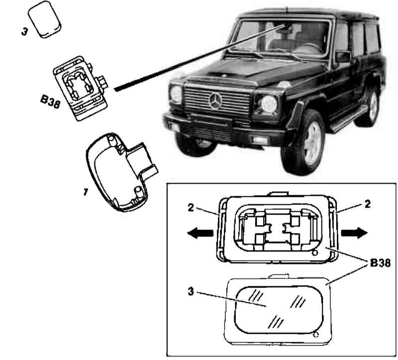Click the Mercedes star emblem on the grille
click(x=215, y=101)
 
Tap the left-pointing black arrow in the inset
click(x=200, y=233)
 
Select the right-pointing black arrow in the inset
click(x=354, y=233)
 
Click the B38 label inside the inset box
click(x=380, y=263)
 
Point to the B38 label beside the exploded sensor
click(x=50, y=101)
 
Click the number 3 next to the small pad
click(x=24, y=32)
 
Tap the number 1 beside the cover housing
click(x=85, y=192)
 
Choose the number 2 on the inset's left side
click(x=191, y=208)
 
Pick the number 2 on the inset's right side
click(x=367, y=204)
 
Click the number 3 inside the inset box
click(x=191, y=291)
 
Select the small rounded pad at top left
click(x=44, y=19)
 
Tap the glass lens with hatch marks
click(x=279, y=310)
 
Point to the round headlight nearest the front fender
click(x=269, y=104)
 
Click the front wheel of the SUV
click(x=303, y=142)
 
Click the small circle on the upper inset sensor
click(x=315, y=253)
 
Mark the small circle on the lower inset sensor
click(x=316, y=335)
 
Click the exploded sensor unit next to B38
click(x=81, y=88)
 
